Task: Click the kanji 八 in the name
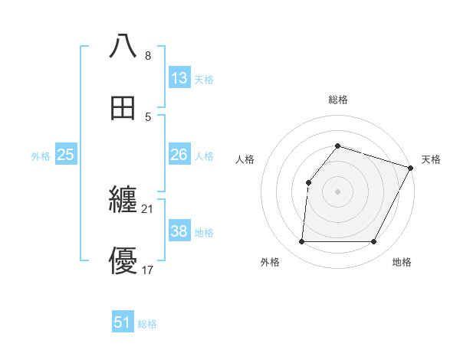[123, 46]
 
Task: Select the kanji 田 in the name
[123, 108]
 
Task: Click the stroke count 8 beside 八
[147, 56]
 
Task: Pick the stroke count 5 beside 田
[147, 117]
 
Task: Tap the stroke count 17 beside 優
[148, 270]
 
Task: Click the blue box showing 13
[179, 77]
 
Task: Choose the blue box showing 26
[179, 155]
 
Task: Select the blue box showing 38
[179, 231]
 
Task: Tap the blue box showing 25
[66, 155]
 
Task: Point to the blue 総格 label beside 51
[147, 324]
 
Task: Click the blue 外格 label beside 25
[41, 156]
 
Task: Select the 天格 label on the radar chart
[431, 159]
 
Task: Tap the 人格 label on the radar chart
[245, 159]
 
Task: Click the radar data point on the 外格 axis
[301, 242]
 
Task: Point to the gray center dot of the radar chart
[337, 191]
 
